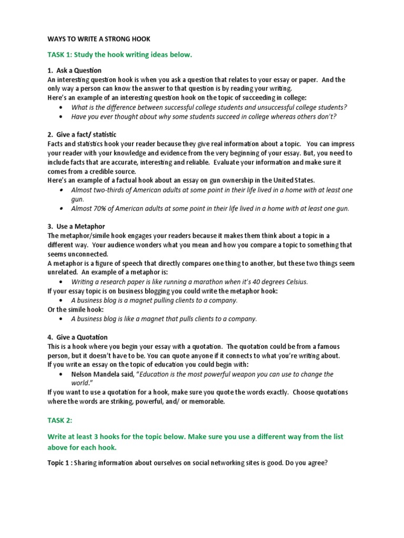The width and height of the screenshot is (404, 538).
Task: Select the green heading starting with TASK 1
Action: (120, 54)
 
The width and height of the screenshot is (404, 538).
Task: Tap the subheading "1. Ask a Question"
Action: (74, 70)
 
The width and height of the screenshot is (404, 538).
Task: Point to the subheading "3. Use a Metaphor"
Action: (76, 226)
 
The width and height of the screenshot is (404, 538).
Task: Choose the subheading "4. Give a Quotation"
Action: (77, 337)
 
